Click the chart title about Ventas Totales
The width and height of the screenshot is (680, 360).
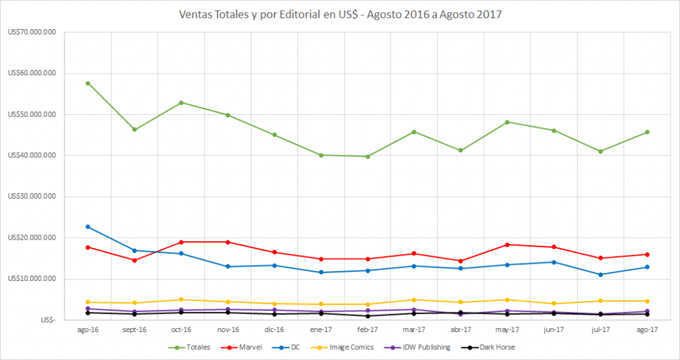pos(340,14)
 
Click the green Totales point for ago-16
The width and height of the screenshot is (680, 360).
pos(88,83)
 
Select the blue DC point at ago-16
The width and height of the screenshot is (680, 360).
pos(88,226)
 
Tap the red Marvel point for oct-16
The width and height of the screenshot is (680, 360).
pos(181,242)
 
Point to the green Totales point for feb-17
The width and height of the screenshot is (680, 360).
pos(367,157)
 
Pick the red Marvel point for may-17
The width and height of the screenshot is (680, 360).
pos(507,244)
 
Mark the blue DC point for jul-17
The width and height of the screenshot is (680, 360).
pos(600,274)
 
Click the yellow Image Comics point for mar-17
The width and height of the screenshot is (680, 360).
pos(414,300)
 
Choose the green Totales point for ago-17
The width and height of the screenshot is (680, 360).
pos(647,132)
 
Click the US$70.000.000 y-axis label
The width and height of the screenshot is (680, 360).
pos(31,32)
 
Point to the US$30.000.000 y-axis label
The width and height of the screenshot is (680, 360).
pos(31,197)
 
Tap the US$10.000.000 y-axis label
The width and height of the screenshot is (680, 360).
pos(31,279)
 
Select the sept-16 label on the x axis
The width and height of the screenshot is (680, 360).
pos(134,329)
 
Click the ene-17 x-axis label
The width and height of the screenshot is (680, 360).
pos(321,329)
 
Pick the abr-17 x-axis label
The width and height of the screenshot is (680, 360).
pos(461,329)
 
